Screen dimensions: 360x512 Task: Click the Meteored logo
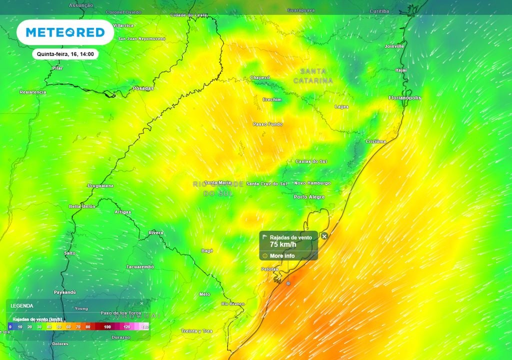coord(65,32)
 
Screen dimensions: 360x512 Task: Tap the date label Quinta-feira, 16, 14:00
coord(65,54)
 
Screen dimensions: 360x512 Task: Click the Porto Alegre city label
coord(309,197)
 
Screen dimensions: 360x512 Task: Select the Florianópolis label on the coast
coord(404,98)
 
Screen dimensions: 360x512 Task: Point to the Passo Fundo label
coord(267,124)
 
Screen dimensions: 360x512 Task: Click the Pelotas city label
coord(269,269)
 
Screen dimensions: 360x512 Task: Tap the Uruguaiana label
coord(100,185)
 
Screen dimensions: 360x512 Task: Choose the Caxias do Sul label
coord(311,161)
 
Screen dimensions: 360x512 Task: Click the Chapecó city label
coord(260,78)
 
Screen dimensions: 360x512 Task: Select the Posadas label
coord(143,88)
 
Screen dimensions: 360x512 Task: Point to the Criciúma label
coord(376,141)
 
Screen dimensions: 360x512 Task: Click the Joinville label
coord(394,46)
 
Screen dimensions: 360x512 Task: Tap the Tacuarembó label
coord(140,267)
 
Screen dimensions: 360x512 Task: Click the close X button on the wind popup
coord(324,236)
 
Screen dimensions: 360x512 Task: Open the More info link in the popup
coord(282,256)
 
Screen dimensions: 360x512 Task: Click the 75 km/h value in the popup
coord(283,244)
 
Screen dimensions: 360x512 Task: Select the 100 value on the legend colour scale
coord(107,326)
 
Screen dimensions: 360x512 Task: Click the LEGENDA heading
coord(22,305)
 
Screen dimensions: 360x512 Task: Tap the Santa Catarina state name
coord(313,76)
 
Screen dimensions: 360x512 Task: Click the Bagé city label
coord(207,250)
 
